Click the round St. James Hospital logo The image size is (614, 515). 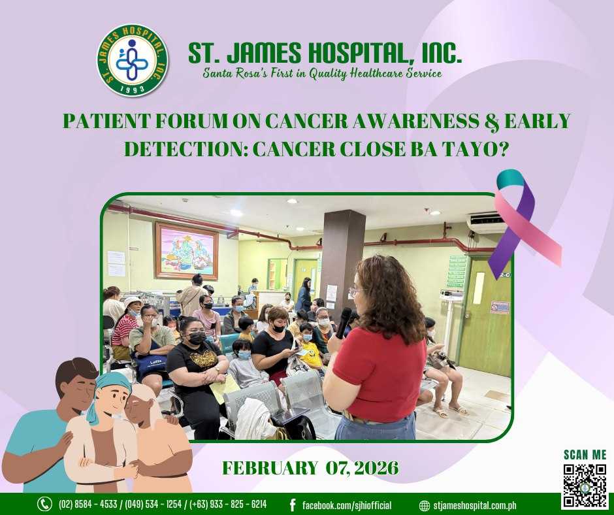(133, 60)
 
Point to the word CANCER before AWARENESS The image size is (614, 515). (306, 121)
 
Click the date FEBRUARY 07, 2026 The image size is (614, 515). (310, 467)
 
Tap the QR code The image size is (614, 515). (585, 486)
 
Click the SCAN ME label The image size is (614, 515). (585, 455)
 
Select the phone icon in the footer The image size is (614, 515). (44, 504)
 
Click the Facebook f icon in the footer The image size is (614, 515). (292, 505)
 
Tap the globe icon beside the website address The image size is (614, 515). (425, 505)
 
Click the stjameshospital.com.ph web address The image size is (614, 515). (475, 505)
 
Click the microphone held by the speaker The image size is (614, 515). (344, 323)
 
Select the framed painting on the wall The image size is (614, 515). (187, 251)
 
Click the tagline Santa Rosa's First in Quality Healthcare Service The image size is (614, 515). (322, 73)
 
